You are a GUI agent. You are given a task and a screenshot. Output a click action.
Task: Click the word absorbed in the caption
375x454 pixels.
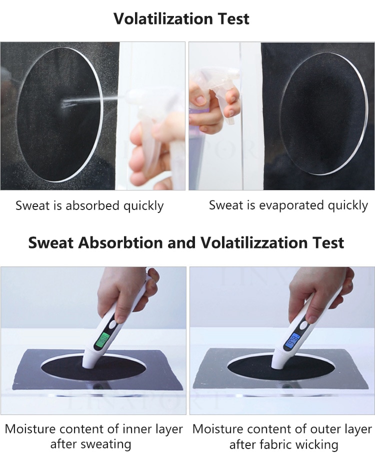pyautogui.click(x=92, y=205)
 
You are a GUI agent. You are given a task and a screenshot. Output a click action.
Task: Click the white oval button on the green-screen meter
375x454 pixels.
pyautogui.click(x=112, y=325)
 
